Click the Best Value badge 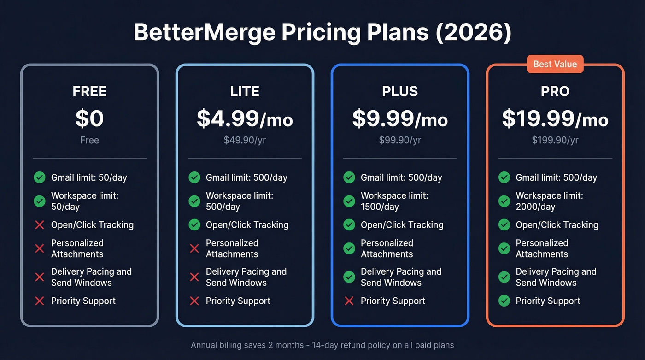[555, 64]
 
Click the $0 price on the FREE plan [89, 118]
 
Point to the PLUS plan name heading [400, 91]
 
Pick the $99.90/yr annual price [400, 140]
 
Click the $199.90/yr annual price [555, 140]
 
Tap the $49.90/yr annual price [245, 140]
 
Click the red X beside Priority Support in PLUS [349, 301]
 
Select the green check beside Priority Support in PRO [504, 301]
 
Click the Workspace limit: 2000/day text [549, 201]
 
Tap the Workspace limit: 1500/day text [394, 201]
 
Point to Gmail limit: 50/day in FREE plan [89, 177]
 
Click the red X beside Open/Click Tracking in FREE [40, 225]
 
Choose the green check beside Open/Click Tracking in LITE [194, 225]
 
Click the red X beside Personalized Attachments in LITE [194, 248]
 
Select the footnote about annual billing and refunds [322, 345]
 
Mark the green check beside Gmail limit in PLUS [349, 177]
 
